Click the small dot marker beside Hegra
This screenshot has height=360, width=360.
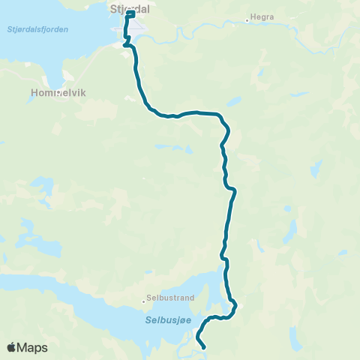(x=247, y=21)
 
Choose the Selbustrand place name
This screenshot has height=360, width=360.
(x=172, y=298)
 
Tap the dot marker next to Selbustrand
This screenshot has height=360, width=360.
(x=144, y=302)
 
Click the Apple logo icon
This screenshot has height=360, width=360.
(x=12, y=347)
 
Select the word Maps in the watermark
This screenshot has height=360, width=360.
(x=32, y=347)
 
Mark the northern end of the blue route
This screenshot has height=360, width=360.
(x=132, y=13)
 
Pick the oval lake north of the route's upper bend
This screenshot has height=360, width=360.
(x=234, y=101)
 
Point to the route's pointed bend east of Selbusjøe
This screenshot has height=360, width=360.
(x=235, y=304)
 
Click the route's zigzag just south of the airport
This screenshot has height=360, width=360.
(x=126, y=40)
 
